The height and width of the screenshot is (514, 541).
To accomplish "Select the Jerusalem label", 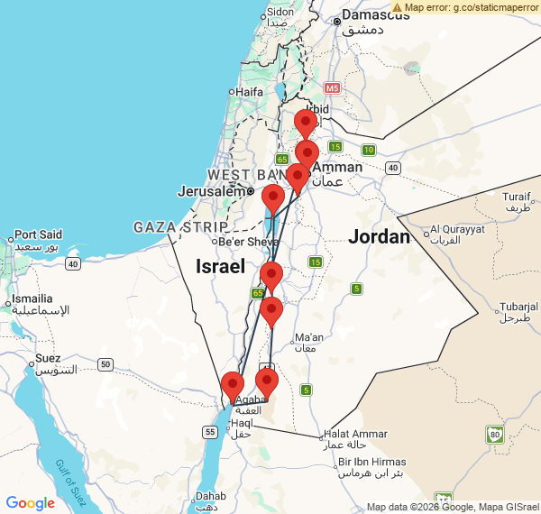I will click(x=212, y=191).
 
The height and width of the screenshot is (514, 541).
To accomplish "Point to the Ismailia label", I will click(x=32, y=298).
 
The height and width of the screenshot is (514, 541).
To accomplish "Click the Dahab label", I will click(x=211, y=496).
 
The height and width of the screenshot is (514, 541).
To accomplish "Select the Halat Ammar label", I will click(x=356, y=434).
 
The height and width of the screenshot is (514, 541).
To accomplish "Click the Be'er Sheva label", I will click(x=245, y=241).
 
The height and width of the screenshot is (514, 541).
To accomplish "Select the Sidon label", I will click(x=280, y=12).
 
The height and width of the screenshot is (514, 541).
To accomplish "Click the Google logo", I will click(x=30, y=503).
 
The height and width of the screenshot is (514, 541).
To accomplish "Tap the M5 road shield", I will click(x=332, y=88).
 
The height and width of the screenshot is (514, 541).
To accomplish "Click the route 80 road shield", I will click(x=494, y=436).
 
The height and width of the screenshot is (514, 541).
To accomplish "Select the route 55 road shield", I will click(x=210, y=433).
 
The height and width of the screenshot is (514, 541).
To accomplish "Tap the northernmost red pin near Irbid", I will click(x=306, y=123).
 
